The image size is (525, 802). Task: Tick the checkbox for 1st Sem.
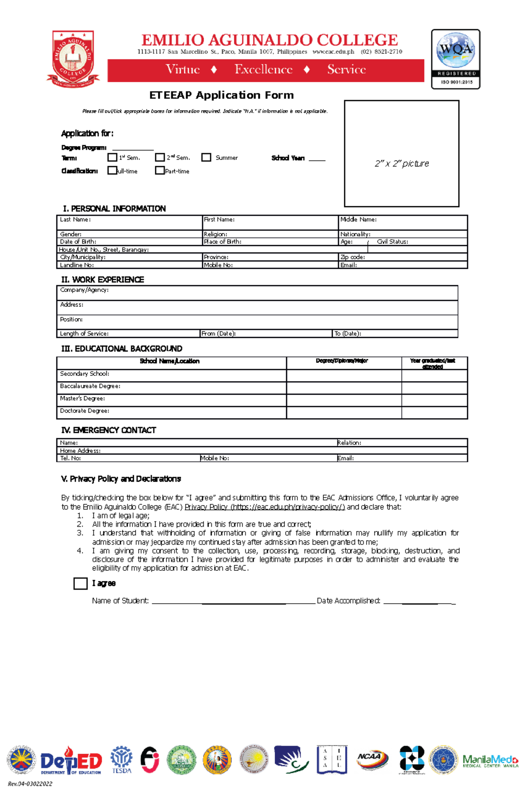(x=112, y=157)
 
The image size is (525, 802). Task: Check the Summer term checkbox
(x=206, y=157)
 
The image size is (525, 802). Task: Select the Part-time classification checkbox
(x=160, y=170)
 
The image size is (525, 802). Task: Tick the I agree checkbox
(x=80, y=583)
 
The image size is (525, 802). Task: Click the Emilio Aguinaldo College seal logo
(x=73, y=59)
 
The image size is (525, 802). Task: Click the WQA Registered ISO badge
(x=455, y=59)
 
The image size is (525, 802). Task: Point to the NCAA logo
(x=371, y=758)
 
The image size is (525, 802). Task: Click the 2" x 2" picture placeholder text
(x=402, y=163)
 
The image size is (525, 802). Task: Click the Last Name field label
(x=75, y=219)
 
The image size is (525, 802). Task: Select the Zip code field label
(x=353, y=257)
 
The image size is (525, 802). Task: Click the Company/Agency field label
(x=84, y=290)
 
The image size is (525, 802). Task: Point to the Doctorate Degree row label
(x=84, y=411)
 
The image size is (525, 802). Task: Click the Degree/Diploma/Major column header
(x=342, y=361)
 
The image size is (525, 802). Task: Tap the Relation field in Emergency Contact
(x=349, y=443)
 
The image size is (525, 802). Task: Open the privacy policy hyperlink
(x=265, y=507)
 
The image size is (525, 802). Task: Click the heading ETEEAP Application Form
(x=221, y=95)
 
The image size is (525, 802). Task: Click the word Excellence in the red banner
(x=263, y=69)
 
